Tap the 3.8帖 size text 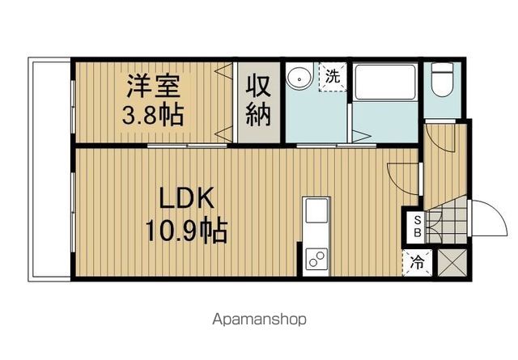pyautogui.click(x=152, y=113)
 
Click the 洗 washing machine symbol pyautogui.click(x=332, y=77)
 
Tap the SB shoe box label pyautogui.click(x=418, y=227)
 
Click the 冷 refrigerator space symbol pyautogui.click(x=418, y=262)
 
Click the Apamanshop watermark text pyautogui.click(x=259, y=319)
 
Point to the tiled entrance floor pyautogui.click(x=449, y=222)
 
